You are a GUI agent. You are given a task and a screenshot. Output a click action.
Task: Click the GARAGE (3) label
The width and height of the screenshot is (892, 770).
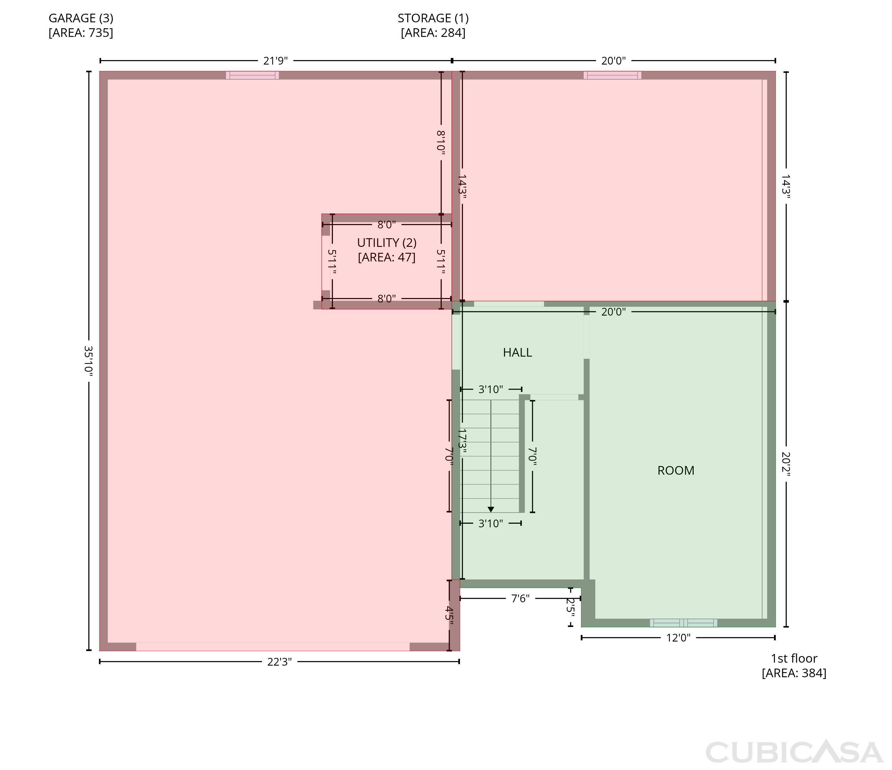click(81, 18)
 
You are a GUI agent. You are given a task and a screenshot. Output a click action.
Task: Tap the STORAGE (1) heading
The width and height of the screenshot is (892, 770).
click(433, 18)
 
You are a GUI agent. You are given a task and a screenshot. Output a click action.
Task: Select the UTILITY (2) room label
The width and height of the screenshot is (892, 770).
click(387, 243)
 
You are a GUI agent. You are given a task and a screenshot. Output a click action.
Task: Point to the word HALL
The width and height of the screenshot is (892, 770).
click(517, 353)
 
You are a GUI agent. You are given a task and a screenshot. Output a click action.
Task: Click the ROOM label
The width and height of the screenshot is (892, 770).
click(676, 471)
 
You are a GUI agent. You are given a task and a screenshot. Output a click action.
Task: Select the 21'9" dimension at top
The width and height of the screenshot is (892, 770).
click(276, 61)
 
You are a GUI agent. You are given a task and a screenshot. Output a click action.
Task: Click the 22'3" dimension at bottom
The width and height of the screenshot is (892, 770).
click(279, 662)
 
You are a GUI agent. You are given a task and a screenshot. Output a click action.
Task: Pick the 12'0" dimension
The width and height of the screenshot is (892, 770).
click(679, 638)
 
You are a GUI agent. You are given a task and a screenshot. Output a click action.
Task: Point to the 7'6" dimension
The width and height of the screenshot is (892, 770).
click(520, 599)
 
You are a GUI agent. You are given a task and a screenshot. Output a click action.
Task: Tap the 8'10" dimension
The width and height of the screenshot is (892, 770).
click(441, 142)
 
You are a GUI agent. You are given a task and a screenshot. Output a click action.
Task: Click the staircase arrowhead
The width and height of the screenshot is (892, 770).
click(491, 510)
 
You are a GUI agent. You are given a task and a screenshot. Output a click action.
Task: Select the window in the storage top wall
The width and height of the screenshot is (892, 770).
click(613, 75)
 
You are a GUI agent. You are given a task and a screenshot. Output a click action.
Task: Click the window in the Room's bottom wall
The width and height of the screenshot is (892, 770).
click(684, 623)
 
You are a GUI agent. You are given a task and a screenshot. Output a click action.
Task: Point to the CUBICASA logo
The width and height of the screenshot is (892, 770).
click(794, 752)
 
